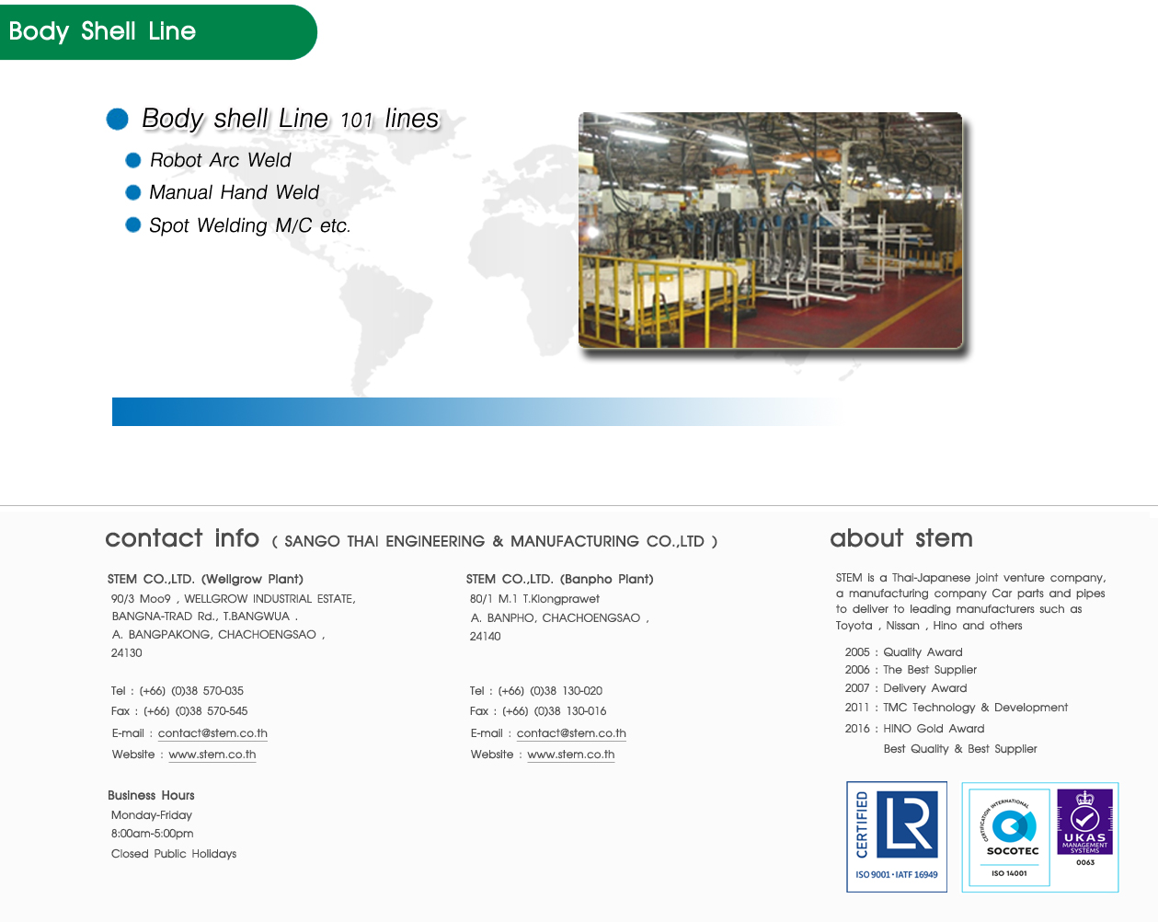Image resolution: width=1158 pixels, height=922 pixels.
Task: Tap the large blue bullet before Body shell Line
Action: tap(118, 119)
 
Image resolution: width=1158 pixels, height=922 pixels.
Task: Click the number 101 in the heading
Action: tap(356, 120)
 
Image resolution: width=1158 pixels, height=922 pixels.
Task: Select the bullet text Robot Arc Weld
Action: tap(220, 160)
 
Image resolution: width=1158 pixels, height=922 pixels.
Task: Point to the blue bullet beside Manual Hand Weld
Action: tap(133, 192)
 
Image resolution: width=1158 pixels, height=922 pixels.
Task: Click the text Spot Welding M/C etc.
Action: tap(249, 225)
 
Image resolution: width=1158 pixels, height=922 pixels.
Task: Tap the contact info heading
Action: tap(182, 538)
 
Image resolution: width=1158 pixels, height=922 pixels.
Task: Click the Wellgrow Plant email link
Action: tap(212, 733)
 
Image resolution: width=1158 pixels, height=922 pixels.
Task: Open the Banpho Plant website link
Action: tap(571, 754)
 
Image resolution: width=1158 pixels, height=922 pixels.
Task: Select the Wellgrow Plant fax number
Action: tap(195, 711)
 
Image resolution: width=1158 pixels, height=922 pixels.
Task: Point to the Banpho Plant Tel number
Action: tap(550, 690)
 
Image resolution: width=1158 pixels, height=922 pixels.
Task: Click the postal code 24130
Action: tap(126, 653)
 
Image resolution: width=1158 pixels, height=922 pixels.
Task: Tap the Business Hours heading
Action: tap(151, 795)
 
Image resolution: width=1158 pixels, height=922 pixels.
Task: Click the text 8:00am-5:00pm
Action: tap(153, 833)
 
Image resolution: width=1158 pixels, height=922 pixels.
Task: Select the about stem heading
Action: tap(901, 538)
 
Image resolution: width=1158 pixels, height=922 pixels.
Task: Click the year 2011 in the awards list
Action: tap(856, 708)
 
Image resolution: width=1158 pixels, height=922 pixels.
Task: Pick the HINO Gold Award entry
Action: tap(934, 728)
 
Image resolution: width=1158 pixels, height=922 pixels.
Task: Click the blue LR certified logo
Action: tap(897, 836)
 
